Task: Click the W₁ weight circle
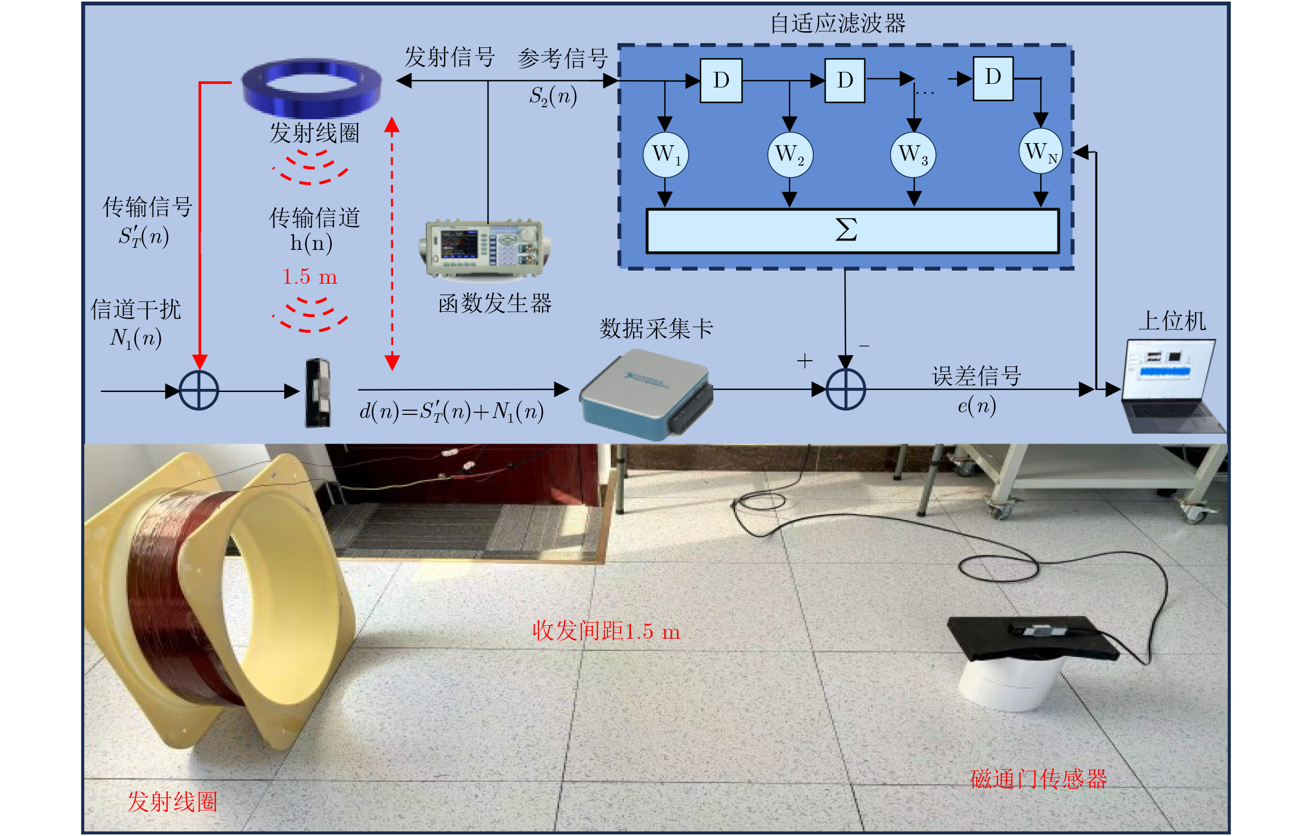pyautogui.click(x=665, y=155)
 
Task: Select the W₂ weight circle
pyautogui.click(x=789, y=155)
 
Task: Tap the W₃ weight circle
pyautogui.click(x=913, y=155)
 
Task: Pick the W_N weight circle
pyautogui.click(x=1041, y=151)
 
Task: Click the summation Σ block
pyautogui.click(x=852, y=231)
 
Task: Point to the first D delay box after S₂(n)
pyautogui.click(x=721, y=80)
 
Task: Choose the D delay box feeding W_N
pyautogui.click(x=993, y=79)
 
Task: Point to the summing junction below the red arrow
pyautogui.click(x=199, y=390)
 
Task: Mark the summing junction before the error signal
pyautogui.click(x=846, y=389)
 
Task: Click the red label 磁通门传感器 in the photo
pyautogui.click(x=1039, y=779)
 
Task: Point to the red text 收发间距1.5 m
pyautogui.click(x=607, y=631)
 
